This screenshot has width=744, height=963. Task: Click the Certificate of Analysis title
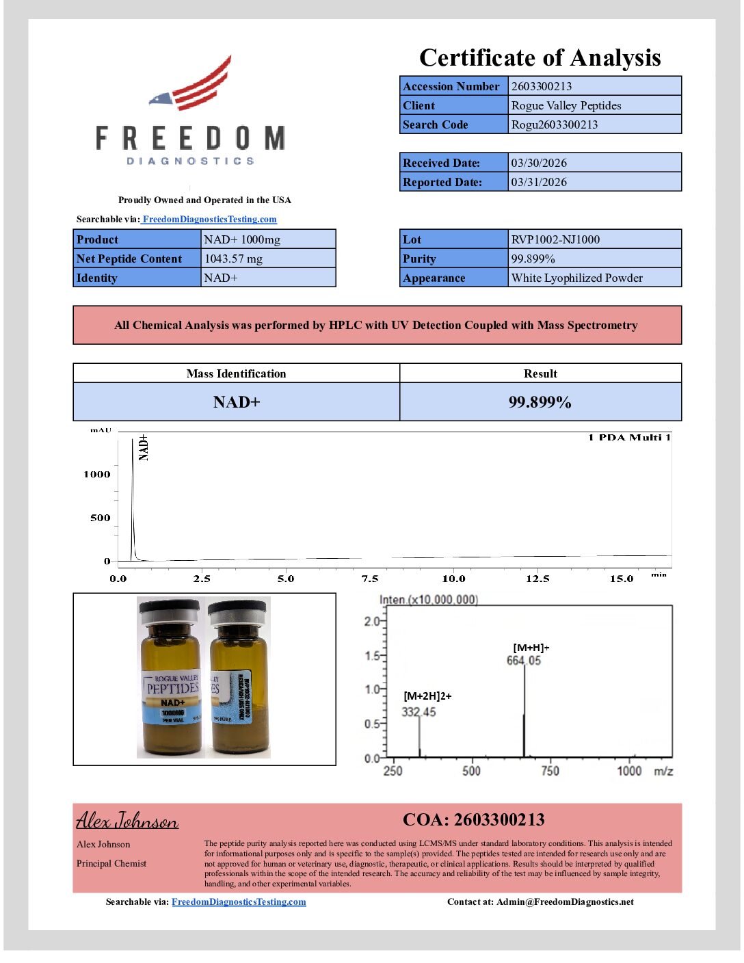[x=540, y=58]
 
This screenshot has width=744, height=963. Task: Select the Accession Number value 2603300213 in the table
[x=542, y=86]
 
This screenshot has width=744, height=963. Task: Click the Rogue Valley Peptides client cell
[x=566, y=105]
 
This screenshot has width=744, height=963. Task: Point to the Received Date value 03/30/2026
[x=539, y=163]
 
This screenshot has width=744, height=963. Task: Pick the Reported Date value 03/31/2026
[x=539, y=182]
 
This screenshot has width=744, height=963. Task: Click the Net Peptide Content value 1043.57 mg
[x=233, y=259]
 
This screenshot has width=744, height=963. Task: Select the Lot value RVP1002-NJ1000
[x=555, y=239]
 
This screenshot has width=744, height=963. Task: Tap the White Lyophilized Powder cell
[x=576, y=278]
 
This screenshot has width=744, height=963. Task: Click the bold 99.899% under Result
[x=540, y=402]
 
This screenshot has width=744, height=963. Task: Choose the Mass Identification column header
[x=236, y=373]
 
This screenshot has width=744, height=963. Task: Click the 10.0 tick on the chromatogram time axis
[x=453, y=579]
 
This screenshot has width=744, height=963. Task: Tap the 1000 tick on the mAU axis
[x=97, y=474]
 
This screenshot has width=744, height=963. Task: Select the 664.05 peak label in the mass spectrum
[x=523, y=661]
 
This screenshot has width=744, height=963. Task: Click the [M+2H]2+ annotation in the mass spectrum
[x=427, y=696]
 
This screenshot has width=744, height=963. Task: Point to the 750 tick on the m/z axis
[x=550, y=771]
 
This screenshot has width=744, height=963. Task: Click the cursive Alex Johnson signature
[x=127, y=820]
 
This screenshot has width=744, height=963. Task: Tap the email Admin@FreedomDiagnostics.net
[x=565, y=901]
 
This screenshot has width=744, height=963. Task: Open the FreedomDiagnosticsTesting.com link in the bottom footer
[x=239, y=901]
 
